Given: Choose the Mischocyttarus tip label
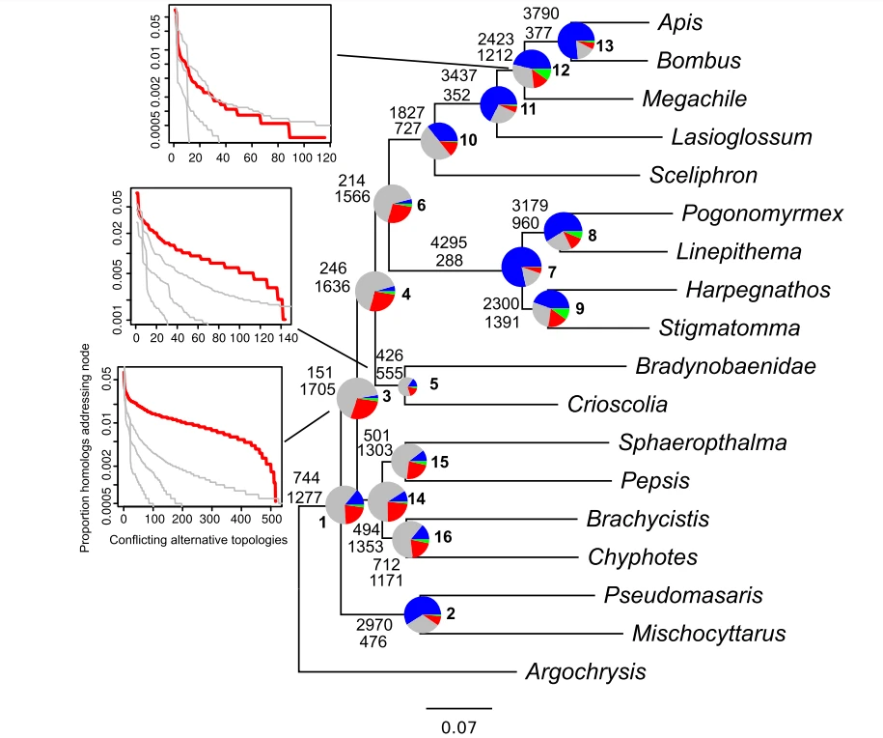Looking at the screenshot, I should tap(708, 634).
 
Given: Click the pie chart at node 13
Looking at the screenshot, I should tap(578, 39).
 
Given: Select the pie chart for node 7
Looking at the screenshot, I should tap(522, 265).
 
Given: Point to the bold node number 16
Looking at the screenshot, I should tap(444, 536).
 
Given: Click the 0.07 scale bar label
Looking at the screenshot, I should tap(459, 724).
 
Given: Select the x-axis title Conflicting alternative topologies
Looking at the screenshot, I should tap(198, 539).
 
